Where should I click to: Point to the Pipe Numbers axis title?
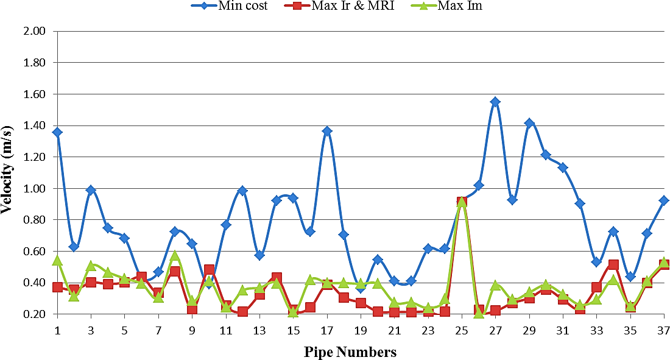pos(350,352)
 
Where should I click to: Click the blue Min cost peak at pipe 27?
pos(495,102)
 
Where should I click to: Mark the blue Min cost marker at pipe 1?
pos(57,132)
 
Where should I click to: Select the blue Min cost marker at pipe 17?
pos(327,131)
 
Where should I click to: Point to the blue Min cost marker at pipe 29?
pos(529,123)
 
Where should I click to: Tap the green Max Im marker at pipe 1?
pos(57,261)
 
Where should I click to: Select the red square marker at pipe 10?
pos(209,270)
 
